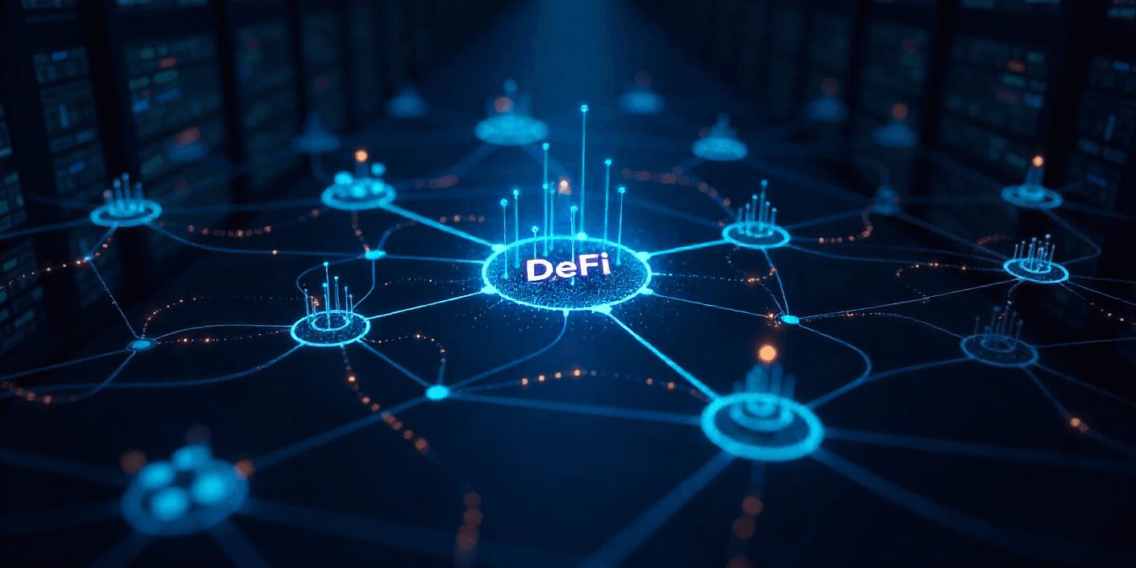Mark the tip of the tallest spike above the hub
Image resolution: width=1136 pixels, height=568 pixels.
point(583,107)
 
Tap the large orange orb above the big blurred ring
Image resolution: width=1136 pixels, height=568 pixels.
point(766,353)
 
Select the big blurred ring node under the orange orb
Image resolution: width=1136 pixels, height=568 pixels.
point(762,423)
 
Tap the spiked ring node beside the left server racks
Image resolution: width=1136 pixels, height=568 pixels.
point(125,212)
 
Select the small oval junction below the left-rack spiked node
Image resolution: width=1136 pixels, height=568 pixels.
point(142,345)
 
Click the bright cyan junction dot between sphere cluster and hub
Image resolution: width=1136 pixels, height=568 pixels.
point(374,254)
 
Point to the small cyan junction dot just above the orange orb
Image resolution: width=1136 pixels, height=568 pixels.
point(790,319)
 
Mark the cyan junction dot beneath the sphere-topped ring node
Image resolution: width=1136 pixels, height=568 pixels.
point(437,393)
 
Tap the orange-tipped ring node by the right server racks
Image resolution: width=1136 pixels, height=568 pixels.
point(1031,194)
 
